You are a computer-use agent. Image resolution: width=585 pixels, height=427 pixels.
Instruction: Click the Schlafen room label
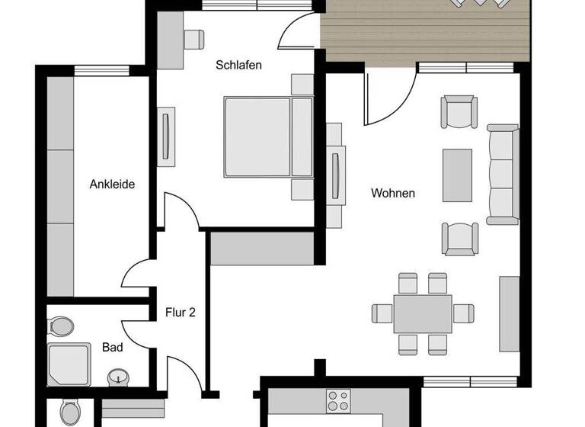tap(238, 66)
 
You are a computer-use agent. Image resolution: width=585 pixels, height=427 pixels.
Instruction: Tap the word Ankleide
tap(112, 184)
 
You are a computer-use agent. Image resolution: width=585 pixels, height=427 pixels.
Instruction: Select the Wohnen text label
tap(393, 193)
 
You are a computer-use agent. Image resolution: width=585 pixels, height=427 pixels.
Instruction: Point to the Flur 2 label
tap(181, 312)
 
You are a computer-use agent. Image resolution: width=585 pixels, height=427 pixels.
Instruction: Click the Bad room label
tap(113, 348)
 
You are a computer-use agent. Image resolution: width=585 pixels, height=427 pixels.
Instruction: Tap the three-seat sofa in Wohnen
tap(502, 174)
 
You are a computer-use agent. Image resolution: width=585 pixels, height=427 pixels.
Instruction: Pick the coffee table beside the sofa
tap(457, 175)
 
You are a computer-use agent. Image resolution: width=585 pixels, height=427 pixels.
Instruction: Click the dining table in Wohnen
tap(423, 313)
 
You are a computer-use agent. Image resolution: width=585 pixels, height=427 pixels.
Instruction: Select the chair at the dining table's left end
tap(382, 313)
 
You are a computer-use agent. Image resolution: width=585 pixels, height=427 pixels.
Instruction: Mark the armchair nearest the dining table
tap(460, 239)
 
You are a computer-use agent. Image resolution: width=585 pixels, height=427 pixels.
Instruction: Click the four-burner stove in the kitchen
tap(338, 400)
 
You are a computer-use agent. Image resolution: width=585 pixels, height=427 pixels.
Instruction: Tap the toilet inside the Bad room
tap(62, 326)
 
